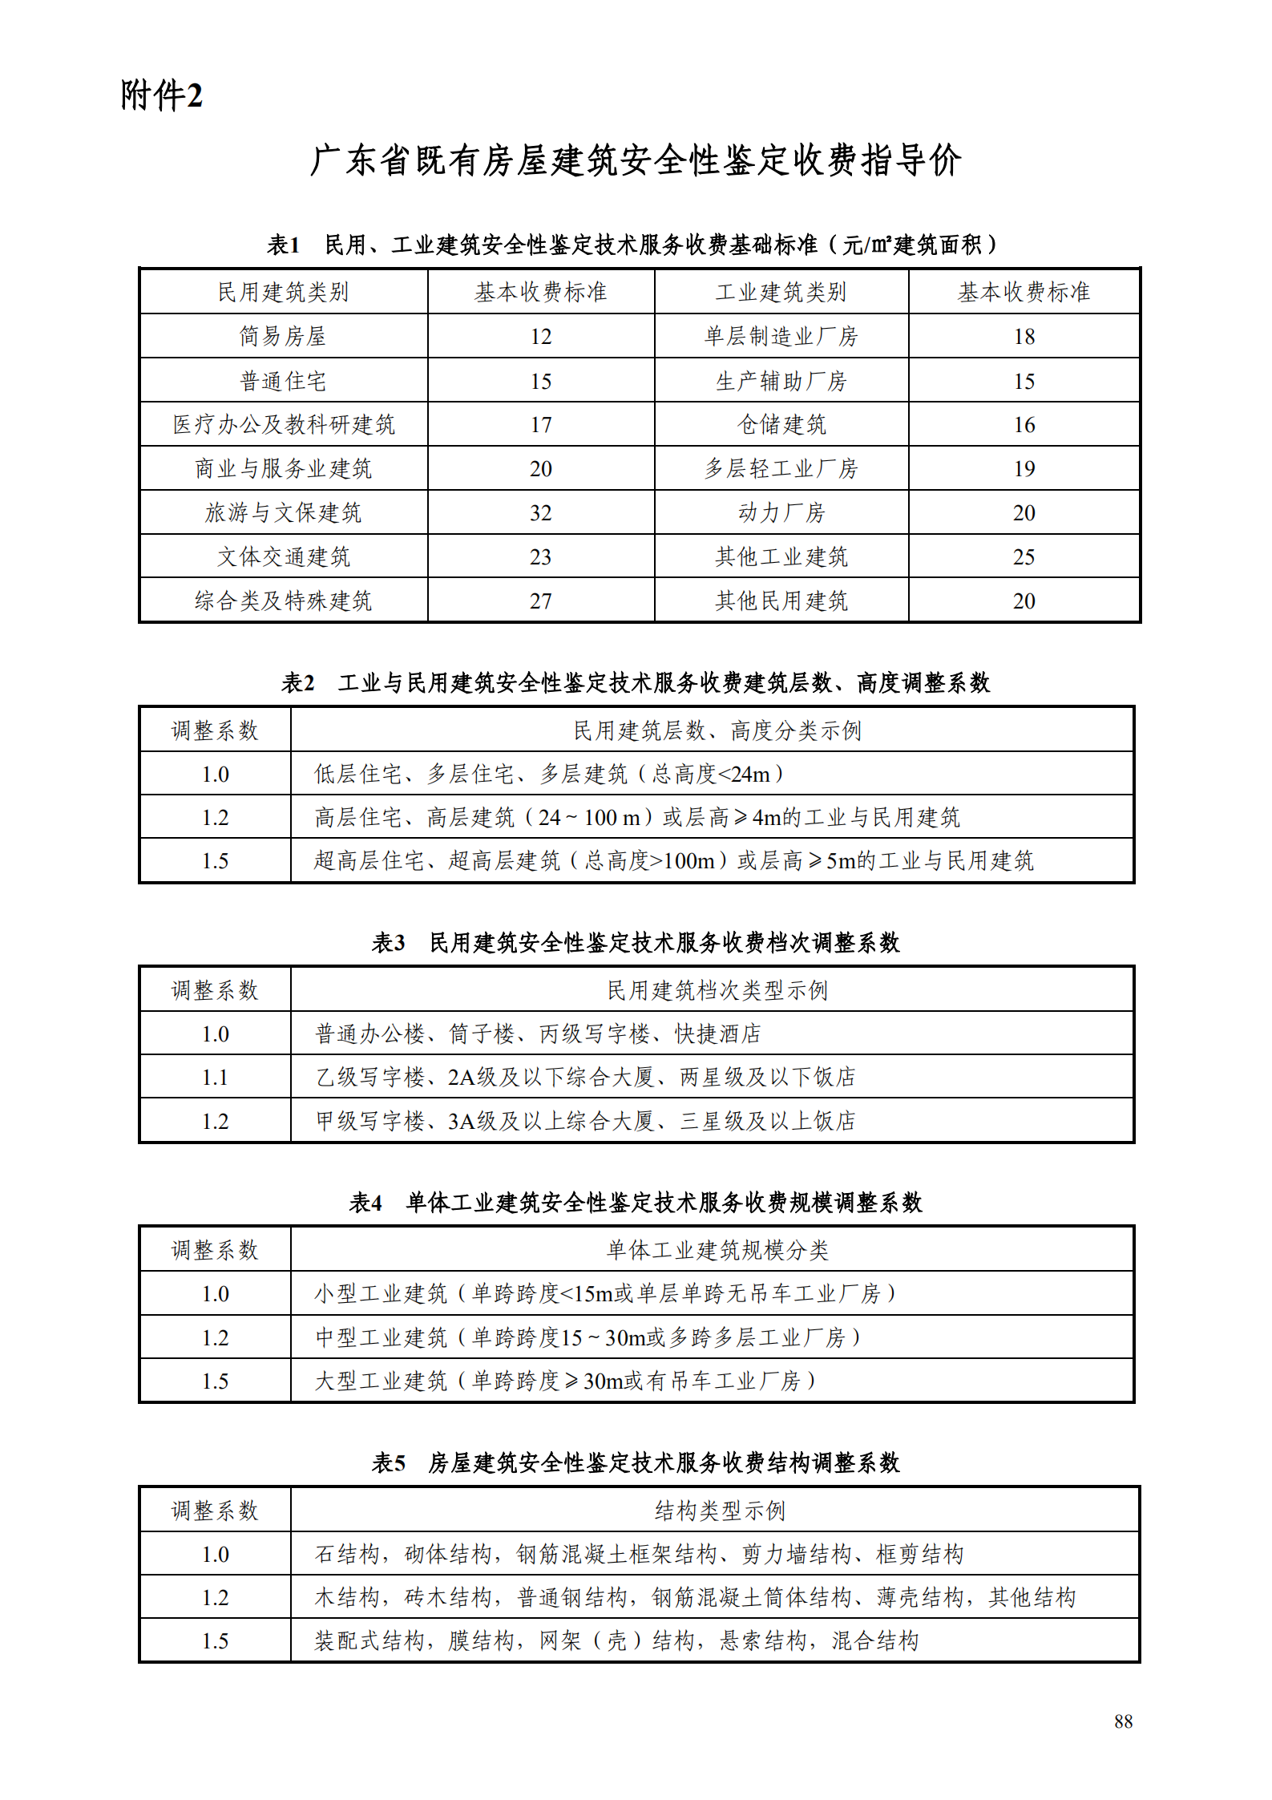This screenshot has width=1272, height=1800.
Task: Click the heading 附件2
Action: pos(161,95)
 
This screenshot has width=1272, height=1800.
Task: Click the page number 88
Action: pos(1123,1721)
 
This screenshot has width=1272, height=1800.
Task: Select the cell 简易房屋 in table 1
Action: pos(283,336)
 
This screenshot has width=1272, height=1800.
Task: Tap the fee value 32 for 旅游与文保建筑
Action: pos(540,513)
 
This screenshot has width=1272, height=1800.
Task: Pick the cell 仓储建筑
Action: pos(781,425)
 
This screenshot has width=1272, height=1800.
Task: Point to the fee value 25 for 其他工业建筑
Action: pos(1024,557)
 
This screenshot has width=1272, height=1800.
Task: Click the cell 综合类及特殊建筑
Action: pos(283,601)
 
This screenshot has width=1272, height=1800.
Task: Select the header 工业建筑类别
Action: pos(781,292)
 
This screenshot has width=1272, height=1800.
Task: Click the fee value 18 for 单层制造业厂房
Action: pos(1024,337)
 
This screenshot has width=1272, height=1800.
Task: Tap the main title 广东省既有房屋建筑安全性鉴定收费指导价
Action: pos(636,160)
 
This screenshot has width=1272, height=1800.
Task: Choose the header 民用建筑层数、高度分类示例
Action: pos(717,730)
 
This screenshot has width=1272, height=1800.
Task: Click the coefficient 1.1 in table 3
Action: pos(215,1078)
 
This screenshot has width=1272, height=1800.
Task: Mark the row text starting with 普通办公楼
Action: pos(537,1034)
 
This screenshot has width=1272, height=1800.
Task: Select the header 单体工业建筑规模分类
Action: pos(717,1250)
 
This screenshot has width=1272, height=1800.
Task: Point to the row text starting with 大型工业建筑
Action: pos(564,1381)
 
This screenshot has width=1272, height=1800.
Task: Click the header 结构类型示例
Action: pos(720,1511)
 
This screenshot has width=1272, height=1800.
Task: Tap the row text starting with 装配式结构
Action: pos(616,1641)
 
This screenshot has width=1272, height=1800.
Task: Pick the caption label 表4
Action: pos(365,1203)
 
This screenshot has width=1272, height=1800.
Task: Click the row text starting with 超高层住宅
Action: pos(673,861)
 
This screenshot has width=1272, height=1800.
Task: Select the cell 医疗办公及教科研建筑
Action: pos(283,425)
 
